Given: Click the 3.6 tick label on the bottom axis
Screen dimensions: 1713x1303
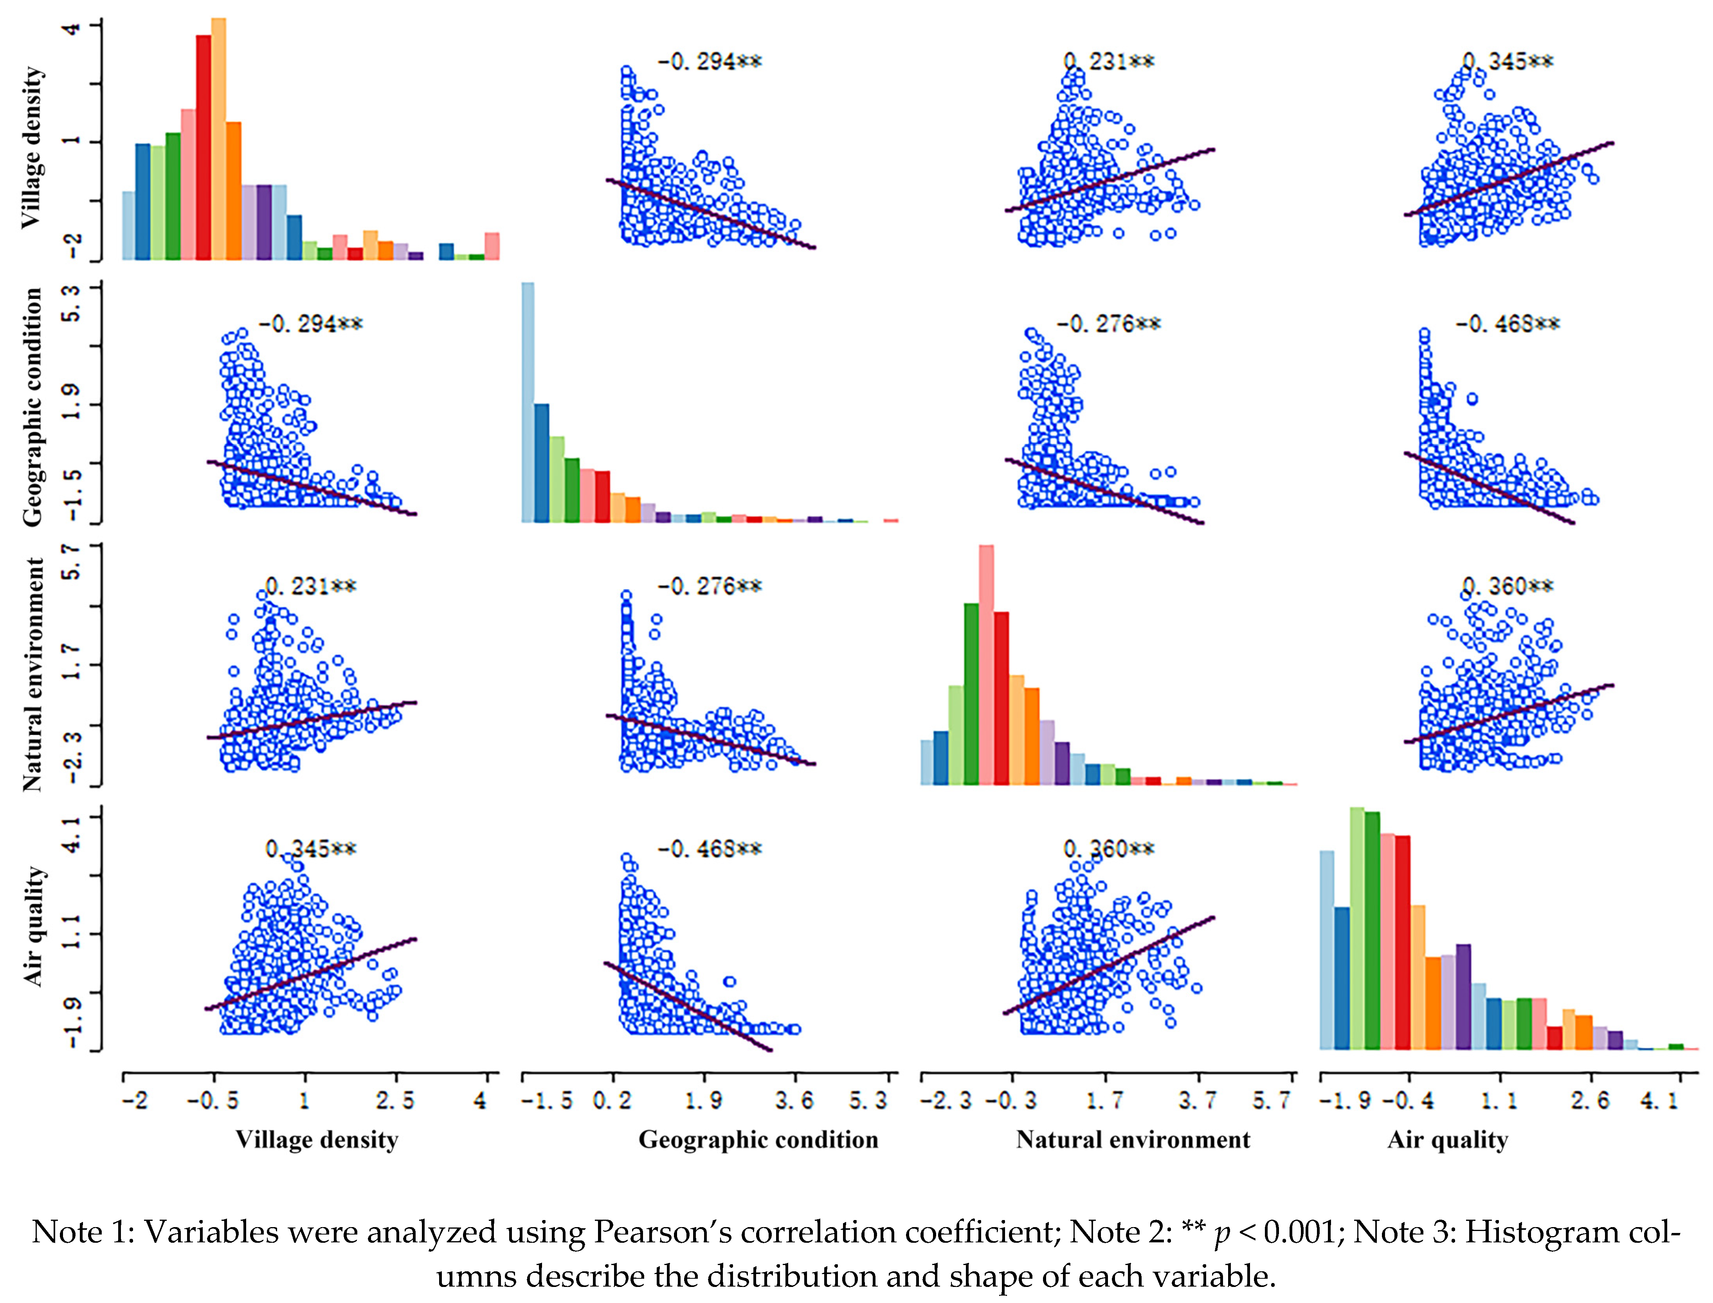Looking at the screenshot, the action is (x=794, y=1100).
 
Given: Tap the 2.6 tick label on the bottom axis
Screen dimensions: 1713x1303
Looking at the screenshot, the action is (x=1591, y=1100).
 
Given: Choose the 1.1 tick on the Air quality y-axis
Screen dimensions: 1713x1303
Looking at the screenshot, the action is (x=74, y=934).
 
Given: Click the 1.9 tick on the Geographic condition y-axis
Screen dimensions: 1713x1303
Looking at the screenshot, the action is (x=74, y=404).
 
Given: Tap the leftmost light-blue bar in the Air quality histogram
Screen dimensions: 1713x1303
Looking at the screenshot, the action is (x=1328, y=950).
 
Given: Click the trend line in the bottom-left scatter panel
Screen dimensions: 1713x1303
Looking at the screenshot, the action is (x=310, y=974).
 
